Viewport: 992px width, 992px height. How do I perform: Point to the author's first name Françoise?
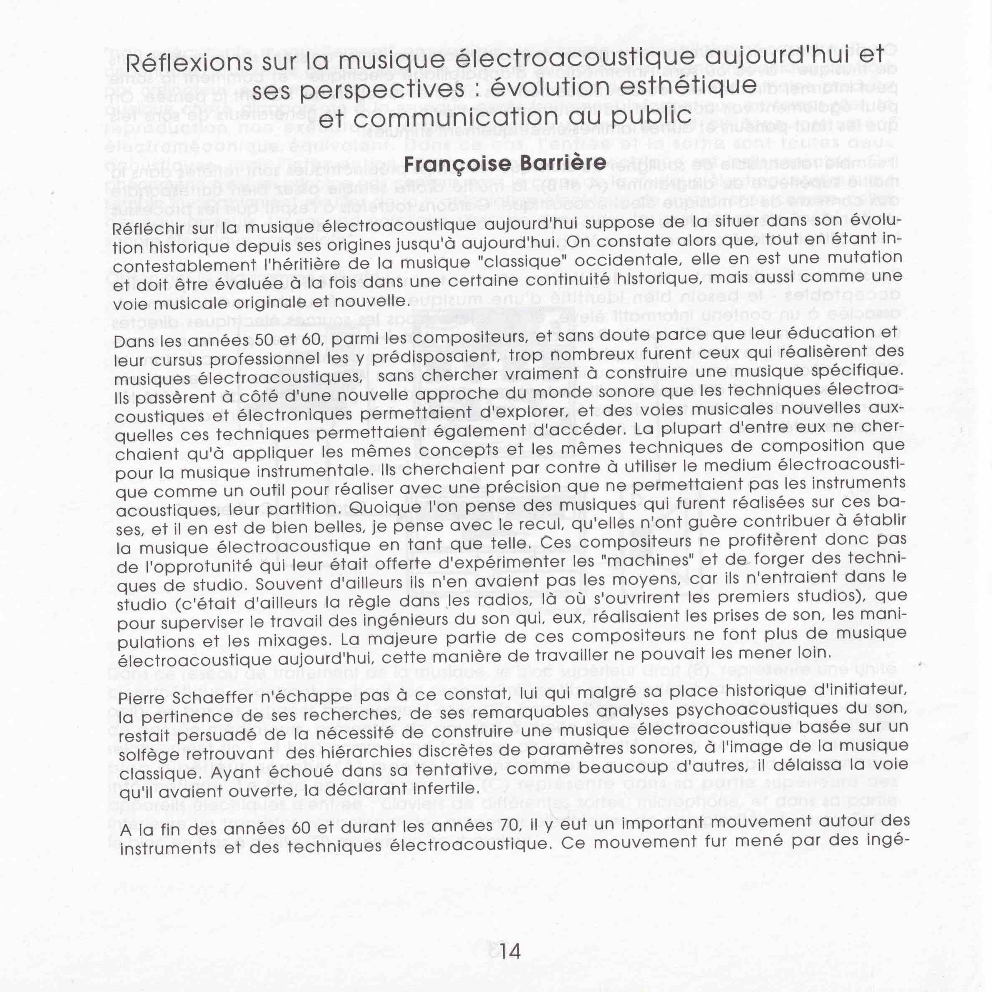[x=454, y=164]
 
